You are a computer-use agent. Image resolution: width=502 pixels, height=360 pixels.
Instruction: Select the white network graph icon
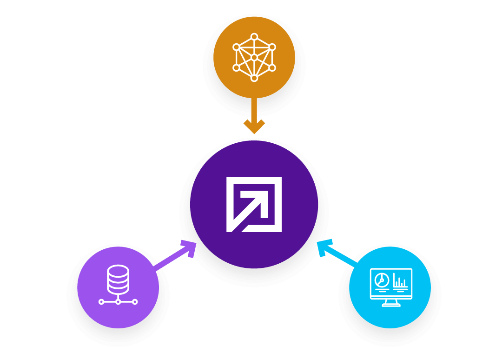tap(254, 57)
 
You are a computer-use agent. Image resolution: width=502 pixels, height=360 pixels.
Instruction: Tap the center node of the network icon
tap(254, 57)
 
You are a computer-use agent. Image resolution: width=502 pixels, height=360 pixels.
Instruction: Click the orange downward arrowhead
tap(254, 126)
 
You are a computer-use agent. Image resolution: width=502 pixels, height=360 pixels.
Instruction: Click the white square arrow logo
tap(254, 204)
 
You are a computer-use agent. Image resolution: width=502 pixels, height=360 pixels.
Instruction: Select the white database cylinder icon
tap(118, 279)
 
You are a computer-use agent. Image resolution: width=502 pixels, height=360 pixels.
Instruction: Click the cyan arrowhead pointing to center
tap(324, 247)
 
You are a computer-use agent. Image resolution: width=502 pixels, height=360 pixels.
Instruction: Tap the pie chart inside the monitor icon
tap(382, 280)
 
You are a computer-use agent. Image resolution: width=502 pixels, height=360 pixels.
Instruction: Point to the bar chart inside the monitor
tap(400, 281)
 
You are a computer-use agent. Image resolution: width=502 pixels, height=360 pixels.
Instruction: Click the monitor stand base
tap(391, 305)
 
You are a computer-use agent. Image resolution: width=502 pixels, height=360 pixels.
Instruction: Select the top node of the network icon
tap(254, 37)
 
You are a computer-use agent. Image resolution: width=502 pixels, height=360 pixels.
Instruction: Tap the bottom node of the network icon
tap(254, 78)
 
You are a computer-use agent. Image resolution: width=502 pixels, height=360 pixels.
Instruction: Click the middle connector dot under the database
tap(118, 302)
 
